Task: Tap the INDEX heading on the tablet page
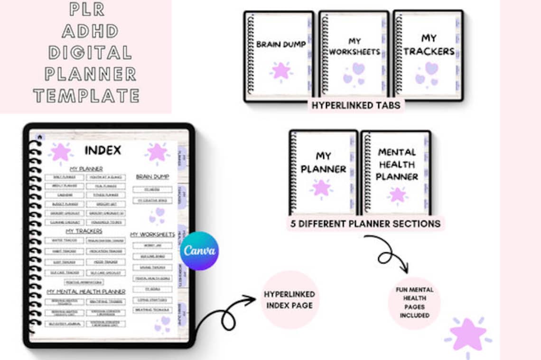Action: (x=103, y=150)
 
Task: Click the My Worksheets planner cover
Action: (x=354, y=55)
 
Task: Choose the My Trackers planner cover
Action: (x=428, y=55)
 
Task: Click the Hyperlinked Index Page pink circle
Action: (x=289, y=300)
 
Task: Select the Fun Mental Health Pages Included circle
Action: (x=414, y=303)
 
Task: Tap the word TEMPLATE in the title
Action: (x=86, y=95)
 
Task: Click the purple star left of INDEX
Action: (x=61, y=152)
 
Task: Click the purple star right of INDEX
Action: (x=157, y=152)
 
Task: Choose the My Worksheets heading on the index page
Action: (x=152, y=234)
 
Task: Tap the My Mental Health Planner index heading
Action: (x=86, y=291)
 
